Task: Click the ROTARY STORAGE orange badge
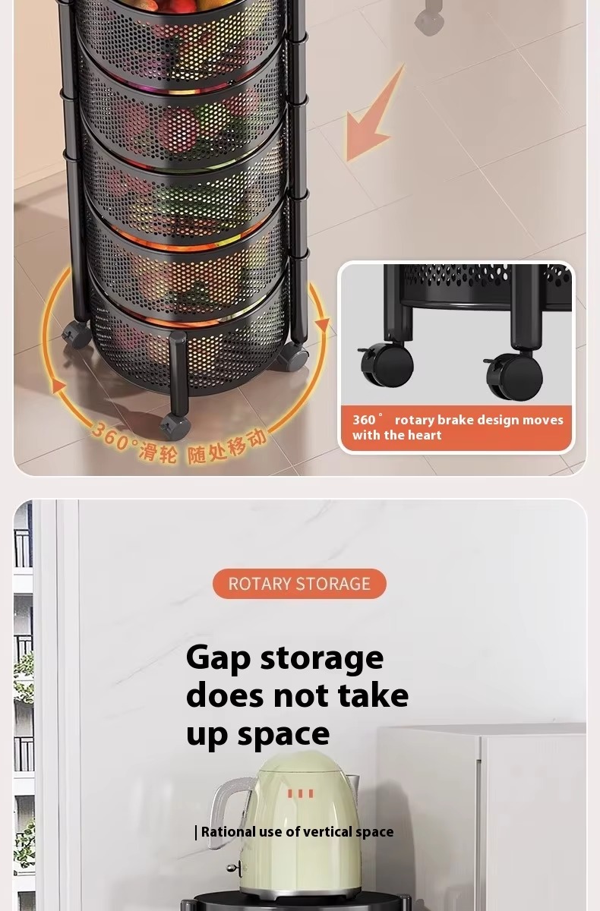299,584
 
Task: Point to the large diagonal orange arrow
372,116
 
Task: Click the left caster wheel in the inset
387,364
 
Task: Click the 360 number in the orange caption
364,420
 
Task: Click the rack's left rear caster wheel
77,335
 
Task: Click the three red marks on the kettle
301,793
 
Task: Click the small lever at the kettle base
235,871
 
